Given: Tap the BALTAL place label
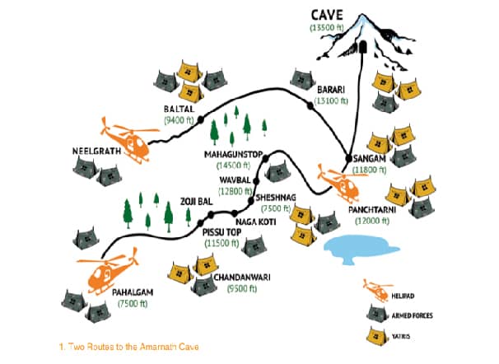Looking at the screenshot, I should coord(176,107).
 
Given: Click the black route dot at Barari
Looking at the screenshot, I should coord(310,105).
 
